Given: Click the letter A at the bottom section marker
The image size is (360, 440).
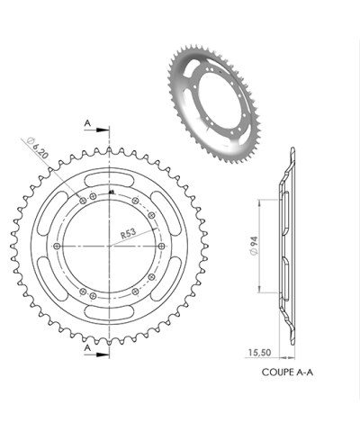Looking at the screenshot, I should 88,346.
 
